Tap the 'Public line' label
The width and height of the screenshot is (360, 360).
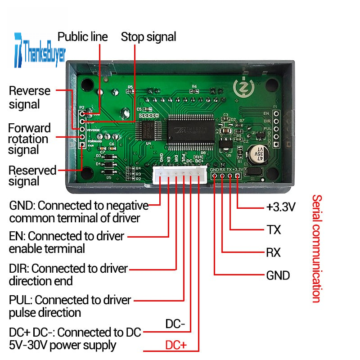(83, 37)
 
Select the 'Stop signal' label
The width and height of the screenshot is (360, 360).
(148, 37)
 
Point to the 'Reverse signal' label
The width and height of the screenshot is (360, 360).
(29, 97)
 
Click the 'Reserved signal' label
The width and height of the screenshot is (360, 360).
(32, 176)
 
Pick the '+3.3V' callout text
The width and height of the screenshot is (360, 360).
(280, 207)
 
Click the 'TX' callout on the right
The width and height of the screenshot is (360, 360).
(274, 230)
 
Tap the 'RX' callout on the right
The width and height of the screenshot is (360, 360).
(274, 252)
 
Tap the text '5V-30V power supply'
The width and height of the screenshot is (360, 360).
(63, 345)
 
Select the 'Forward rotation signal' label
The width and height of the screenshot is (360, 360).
(29, 139)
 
